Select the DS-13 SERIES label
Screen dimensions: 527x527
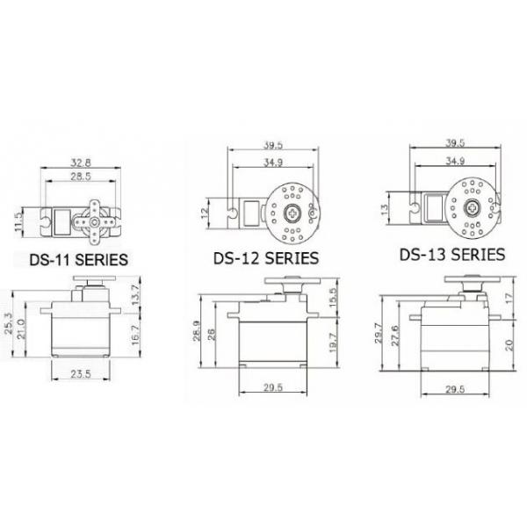[451, 255]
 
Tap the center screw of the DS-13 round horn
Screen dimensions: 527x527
[473, 209]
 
